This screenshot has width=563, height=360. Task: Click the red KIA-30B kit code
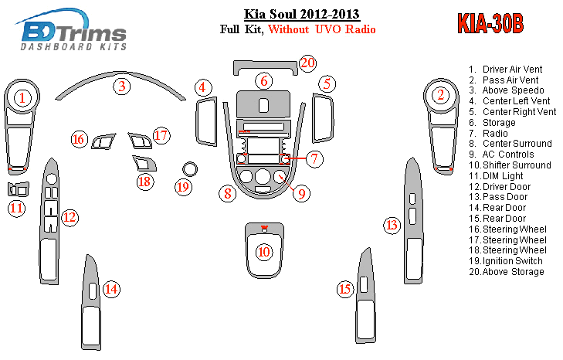(x=490, y=24)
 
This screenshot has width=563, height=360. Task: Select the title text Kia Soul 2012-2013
(x=302, y=14)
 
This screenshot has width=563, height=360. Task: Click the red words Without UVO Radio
(x=322, y=29)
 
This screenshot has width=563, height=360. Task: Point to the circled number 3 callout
(x=122, y=87)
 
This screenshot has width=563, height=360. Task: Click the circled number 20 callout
(x=307, y=63)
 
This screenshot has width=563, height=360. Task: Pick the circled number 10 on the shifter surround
(x=264, y=252)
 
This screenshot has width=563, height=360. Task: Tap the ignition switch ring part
(x=189, y=169)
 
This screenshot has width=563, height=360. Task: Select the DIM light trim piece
(x=18, y=189)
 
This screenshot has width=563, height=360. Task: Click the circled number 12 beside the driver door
(x=70, y=217)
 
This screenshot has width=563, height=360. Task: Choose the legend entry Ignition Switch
(x=506, y=261)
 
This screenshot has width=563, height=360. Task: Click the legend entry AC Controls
(x=501, y=155)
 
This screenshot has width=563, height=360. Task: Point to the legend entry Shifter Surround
(x=510, y=165)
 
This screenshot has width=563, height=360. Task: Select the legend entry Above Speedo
(x=507, y=90)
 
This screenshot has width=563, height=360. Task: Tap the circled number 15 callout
(x=345, y=289)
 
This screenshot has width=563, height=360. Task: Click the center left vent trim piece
(x=206, y=121)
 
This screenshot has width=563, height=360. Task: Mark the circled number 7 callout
(x=314, y=158)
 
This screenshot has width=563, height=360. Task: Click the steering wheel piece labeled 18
(x=144, y=164)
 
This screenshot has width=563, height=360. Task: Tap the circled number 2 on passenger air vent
(x=440, y=95)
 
